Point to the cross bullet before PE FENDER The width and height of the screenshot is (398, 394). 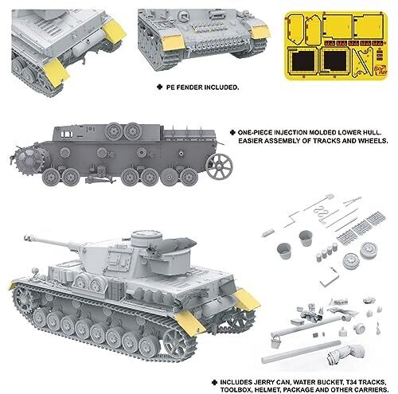coord(159,87)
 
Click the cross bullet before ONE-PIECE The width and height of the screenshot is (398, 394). coord(232,132)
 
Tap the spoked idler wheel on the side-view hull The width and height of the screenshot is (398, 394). coord(219,167)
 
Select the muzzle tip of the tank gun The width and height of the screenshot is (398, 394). coord(26,238)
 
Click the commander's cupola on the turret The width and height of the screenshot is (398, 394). coord(146,238)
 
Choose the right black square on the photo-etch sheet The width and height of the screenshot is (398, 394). coord(334,60)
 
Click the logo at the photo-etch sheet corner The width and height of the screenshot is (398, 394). coord(380,70)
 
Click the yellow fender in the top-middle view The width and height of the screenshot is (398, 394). coord(173,43)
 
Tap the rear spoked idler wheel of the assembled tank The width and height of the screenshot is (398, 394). coord(176,344)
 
